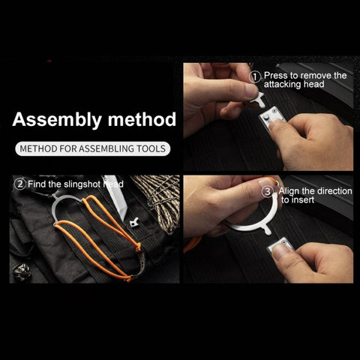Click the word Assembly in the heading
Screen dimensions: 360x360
pos(57,120)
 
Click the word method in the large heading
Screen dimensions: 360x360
pos(142,119)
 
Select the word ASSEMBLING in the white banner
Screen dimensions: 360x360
pos(106,148)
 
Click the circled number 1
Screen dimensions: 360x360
pos(255,76)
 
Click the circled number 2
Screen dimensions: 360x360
pos(20,184)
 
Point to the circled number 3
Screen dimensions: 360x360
pos(267,192)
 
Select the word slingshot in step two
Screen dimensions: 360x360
pos(82,184)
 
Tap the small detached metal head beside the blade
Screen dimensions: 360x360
pos(135,223)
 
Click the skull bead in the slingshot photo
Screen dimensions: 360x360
pos(22,271)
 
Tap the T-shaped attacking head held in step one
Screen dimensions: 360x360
pos(258,100)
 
